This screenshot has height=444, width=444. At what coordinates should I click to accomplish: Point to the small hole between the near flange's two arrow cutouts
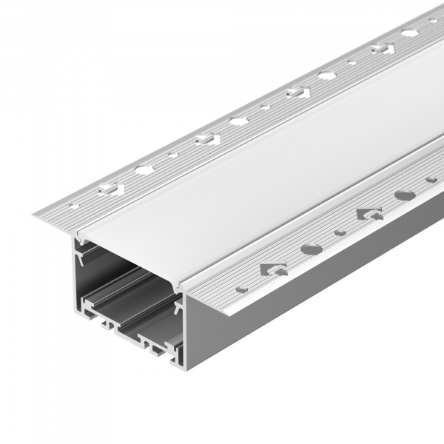pyautogui.click(x=340, y=232)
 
